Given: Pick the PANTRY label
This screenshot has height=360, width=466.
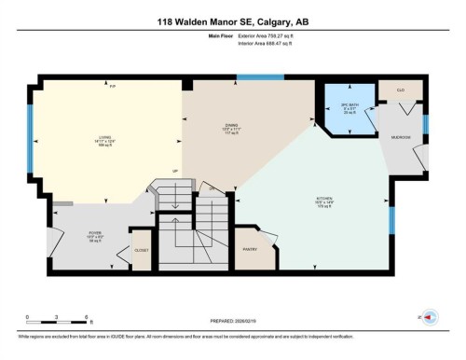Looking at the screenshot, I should pyautogui.click(x=251, y=249).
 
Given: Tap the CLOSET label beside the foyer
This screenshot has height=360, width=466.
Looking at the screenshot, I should pyautogui.click(x=141, y=250).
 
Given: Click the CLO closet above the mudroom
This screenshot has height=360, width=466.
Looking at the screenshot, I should pyautogui.click(x=400, y=90).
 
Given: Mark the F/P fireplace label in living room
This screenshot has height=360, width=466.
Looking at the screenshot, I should pyautogui.click(x=112, y=86).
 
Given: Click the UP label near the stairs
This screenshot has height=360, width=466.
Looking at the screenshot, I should pyautogui.click(x=173, y=171).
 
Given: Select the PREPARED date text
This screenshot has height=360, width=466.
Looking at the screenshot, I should pyautogui.click(x=232, y=324).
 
